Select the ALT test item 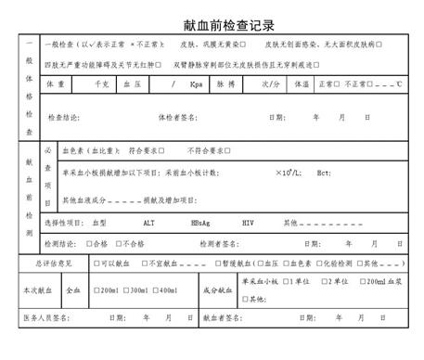click(149, 224)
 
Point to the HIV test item click(248, 224)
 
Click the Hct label click(324, 174)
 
